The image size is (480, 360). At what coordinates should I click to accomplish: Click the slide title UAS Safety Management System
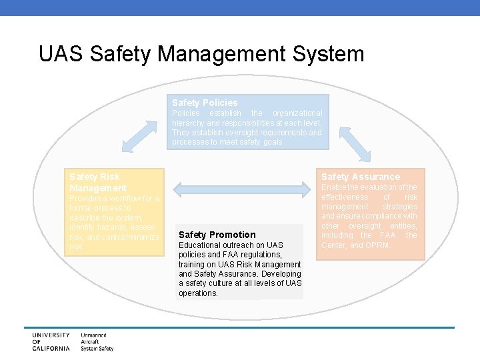[201, 53]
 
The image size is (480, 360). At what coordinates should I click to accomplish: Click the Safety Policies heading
[204, 103]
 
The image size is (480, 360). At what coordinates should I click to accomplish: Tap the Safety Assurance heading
[361, 177]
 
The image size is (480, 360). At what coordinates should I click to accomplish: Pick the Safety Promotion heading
[217, 235]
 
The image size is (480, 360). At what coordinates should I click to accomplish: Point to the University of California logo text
[51, 341]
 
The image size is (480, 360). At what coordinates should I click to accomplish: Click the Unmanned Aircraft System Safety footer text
[97, 341]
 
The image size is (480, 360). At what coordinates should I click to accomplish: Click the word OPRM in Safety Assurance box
[377, 245]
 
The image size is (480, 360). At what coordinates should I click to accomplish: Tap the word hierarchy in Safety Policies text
[189, 123]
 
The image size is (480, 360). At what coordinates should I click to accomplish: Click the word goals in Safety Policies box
[271, 142]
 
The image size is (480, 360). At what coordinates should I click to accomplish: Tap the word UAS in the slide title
[61, 53]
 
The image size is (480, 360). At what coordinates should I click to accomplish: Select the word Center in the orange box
[335, 245]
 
